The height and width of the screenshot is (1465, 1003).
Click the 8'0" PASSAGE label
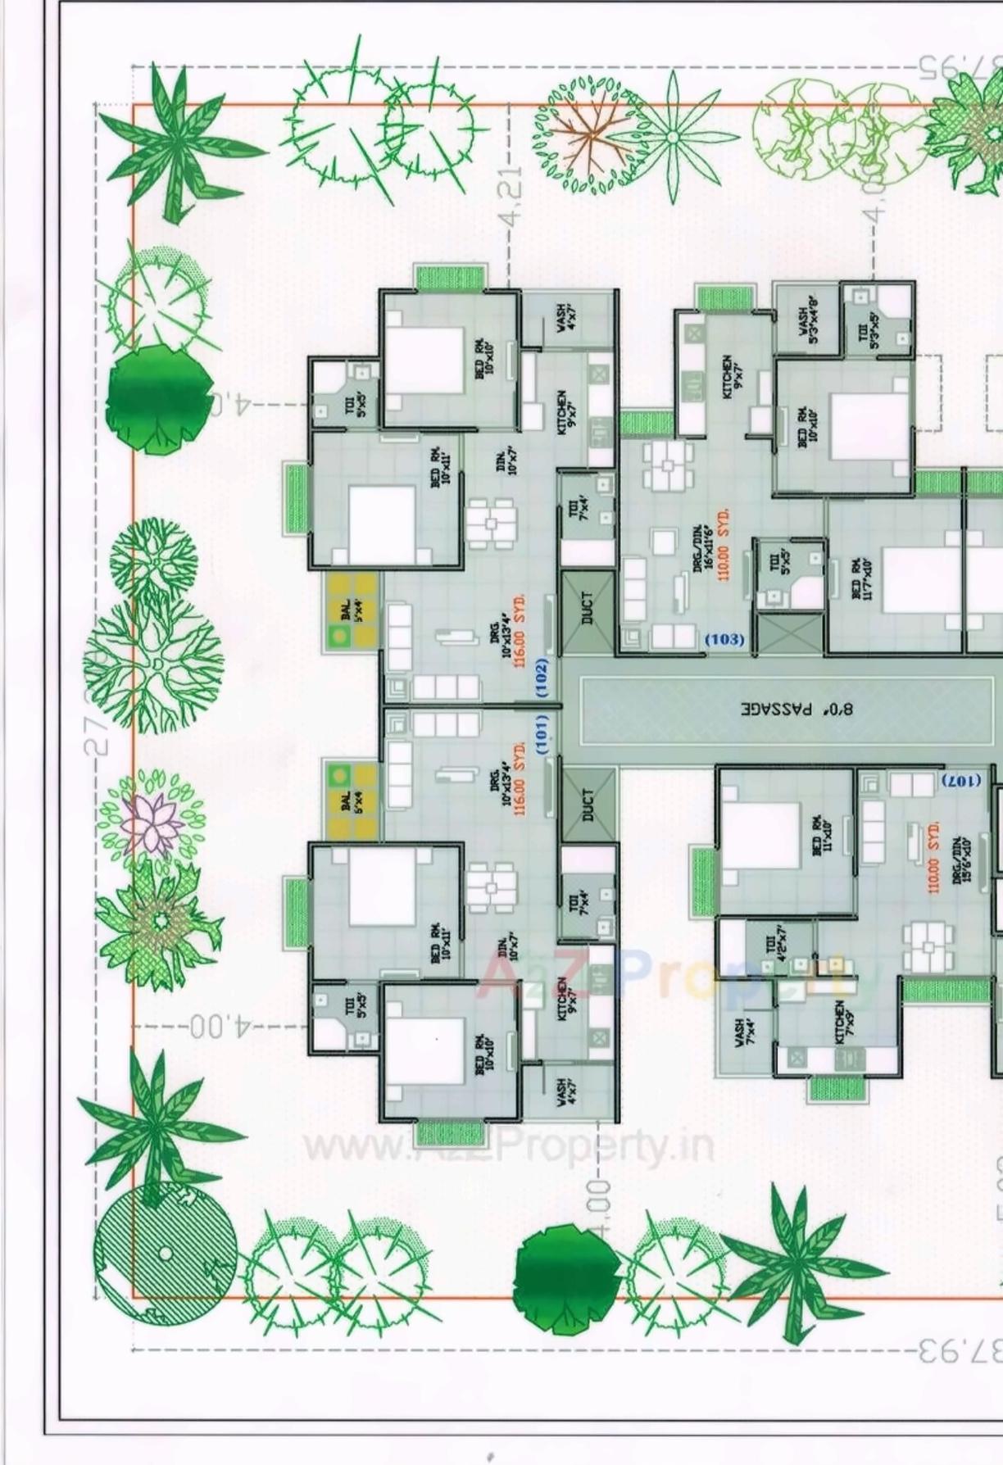click(796, 708)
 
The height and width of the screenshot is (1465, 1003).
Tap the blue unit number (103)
click(724, 639)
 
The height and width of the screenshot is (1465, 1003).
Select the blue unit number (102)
click(542, 678)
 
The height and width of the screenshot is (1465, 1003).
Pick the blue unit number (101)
click(542, 734)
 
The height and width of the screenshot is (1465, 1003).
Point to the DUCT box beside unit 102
click(588, 609)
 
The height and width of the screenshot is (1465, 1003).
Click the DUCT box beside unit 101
click(588, 805)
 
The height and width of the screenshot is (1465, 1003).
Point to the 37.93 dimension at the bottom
click(959, 1349)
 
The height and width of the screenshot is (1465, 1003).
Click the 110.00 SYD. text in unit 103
click(724, 546)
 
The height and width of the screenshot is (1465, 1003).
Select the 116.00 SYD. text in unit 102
click(519, 632)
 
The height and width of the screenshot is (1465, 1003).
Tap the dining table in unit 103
click(668, 466)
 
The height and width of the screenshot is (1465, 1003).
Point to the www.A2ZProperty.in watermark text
click(508, 1147)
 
